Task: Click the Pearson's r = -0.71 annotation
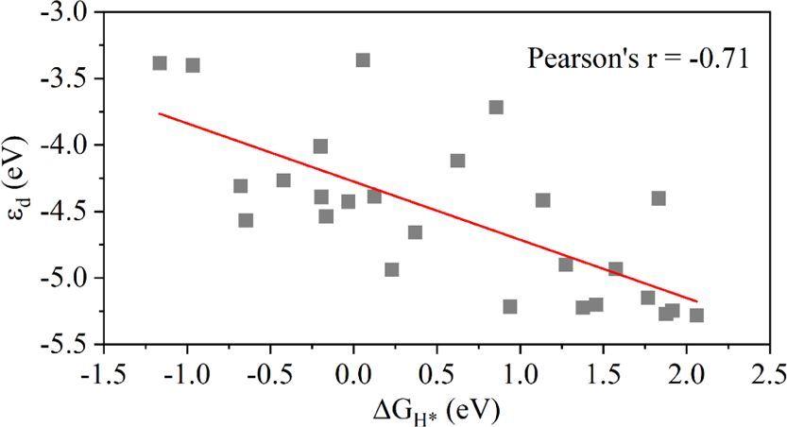[638, 60]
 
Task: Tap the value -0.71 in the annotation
[722, 60]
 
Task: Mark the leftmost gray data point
[160, 63]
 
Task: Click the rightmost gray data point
[696, 315]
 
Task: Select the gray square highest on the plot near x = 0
[363, 60]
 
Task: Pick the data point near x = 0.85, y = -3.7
[496, 107]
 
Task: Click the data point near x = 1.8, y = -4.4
[659, 198]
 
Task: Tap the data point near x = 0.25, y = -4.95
[392, 269]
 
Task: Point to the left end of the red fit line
[160, 113]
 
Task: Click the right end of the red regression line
[697, 301]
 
